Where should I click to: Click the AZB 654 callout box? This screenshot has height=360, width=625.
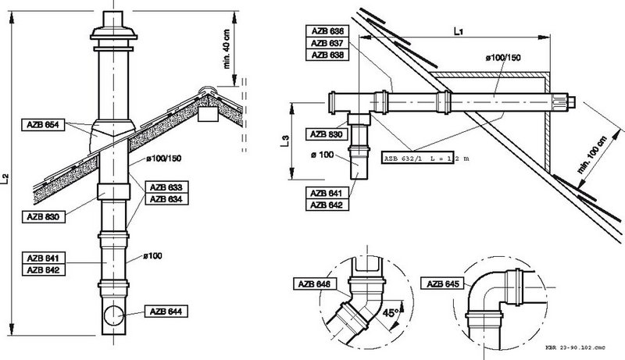tap(43, 125)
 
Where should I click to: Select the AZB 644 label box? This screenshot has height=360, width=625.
tap(166, 312)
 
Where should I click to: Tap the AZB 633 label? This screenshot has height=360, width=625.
tap(166, 187)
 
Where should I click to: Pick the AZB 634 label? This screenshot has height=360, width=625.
tap(166, 198)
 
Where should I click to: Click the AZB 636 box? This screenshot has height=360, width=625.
tap(327, 31)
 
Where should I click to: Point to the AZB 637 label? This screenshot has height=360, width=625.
tap(327, 43)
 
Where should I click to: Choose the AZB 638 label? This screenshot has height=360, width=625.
tap(327, 55)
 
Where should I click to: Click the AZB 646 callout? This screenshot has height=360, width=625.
tap(315, 284)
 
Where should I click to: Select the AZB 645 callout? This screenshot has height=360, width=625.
tap(442, 284)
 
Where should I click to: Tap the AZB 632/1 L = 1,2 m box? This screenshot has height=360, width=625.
tap(417, 158)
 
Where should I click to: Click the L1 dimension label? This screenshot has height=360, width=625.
tap(459, 31)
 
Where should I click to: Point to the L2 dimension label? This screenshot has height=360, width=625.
tap(5, 178)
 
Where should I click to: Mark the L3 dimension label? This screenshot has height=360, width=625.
tap(284, 141)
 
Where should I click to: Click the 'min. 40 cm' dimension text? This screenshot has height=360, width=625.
tap(227, 48)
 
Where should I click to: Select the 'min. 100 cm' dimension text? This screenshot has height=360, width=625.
tap(593, 155)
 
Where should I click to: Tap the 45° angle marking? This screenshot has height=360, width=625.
tap(391, 313)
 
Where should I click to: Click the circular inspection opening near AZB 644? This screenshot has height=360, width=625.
tap(114, 315)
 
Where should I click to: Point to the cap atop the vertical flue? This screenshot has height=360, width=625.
tap(113, 31)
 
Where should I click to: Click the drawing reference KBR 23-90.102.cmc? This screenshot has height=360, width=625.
tap(575, 348)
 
